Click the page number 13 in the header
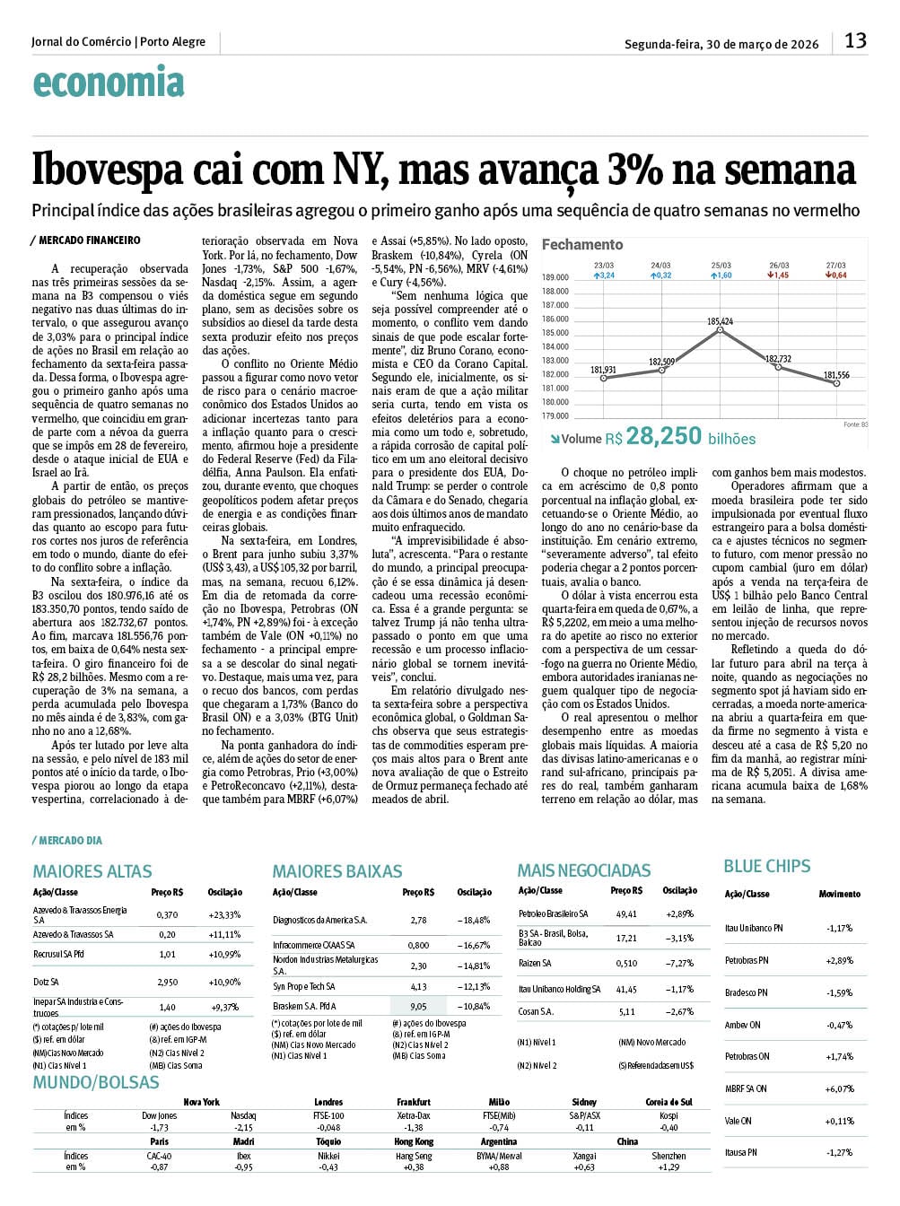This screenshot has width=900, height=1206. point(855,40)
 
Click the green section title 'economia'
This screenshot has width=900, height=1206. point(109,83)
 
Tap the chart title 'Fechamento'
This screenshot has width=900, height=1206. point(582,244)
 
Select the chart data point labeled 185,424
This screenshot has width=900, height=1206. point(721,330)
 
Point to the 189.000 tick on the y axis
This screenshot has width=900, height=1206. point(555,277)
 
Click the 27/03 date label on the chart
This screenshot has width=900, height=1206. point(835,266)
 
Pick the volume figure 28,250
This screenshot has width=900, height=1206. point(664,436)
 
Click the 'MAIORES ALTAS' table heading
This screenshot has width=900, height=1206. point(92,871)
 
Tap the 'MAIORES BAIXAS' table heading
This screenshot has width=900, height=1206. point(337,871)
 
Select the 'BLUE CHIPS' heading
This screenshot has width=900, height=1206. point(767,866)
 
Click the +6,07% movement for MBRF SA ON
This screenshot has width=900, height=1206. point(839,1088)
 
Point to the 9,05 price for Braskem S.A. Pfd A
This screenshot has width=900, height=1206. point(418,1006)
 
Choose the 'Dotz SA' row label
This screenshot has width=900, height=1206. point(46,982)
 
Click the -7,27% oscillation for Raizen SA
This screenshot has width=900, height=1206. point(679,963)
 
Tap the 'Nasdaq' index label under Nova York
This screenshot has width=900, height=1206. point(243,1115)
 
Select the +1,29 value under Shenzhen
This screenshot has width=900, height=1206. point(668,1167)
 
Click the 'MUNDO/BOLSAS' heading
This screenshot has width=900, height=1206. point(96,1082)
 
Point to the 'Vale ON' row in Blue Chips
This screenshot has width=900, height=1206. point(738,1121)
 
